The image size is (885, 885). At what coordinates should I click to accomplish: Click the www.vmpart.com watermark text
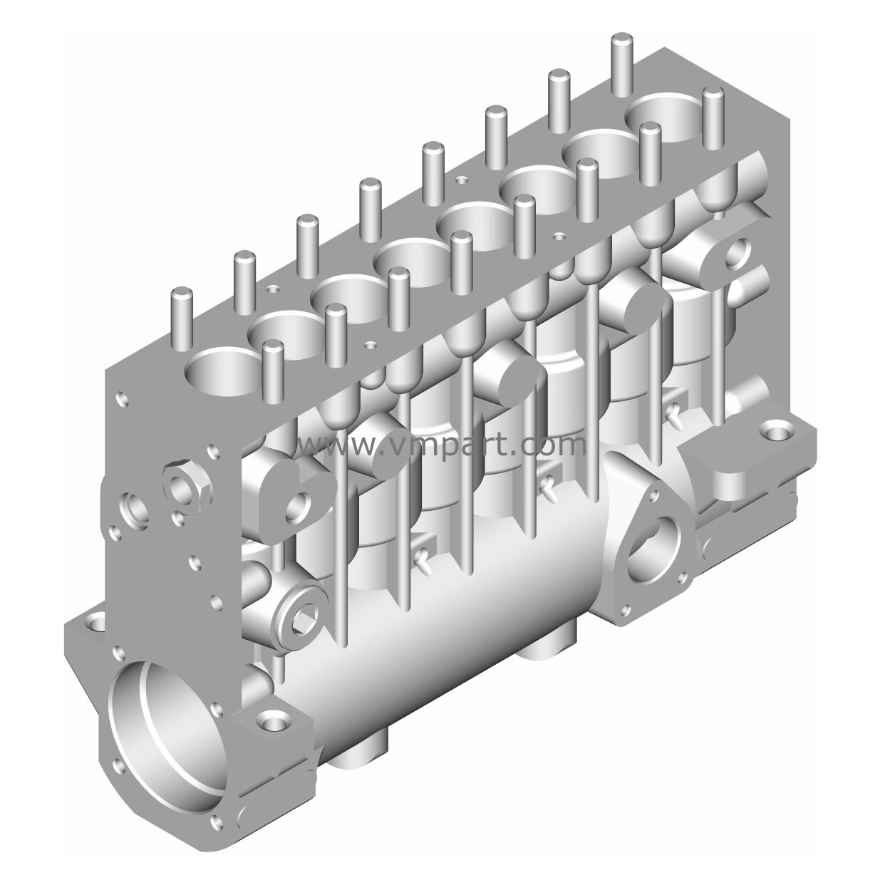click(441, 445)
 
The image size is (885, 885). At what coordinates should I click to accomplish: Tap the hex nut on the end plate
click(183, 487)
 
